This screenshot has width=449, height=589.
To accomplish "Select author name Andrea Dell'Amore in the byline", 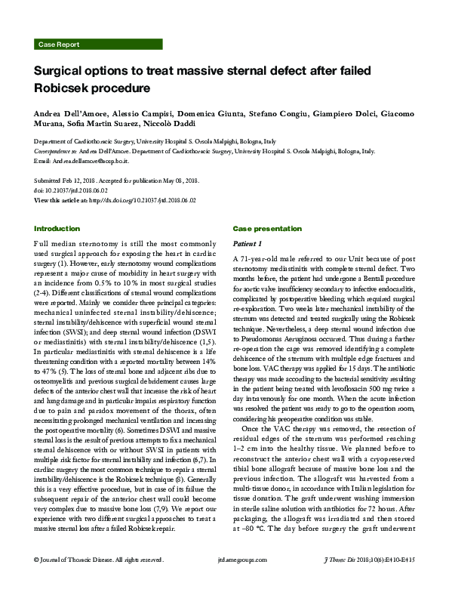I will [72, 113].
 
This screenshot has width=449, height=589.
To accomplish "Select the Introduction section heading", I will [57, 228].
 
